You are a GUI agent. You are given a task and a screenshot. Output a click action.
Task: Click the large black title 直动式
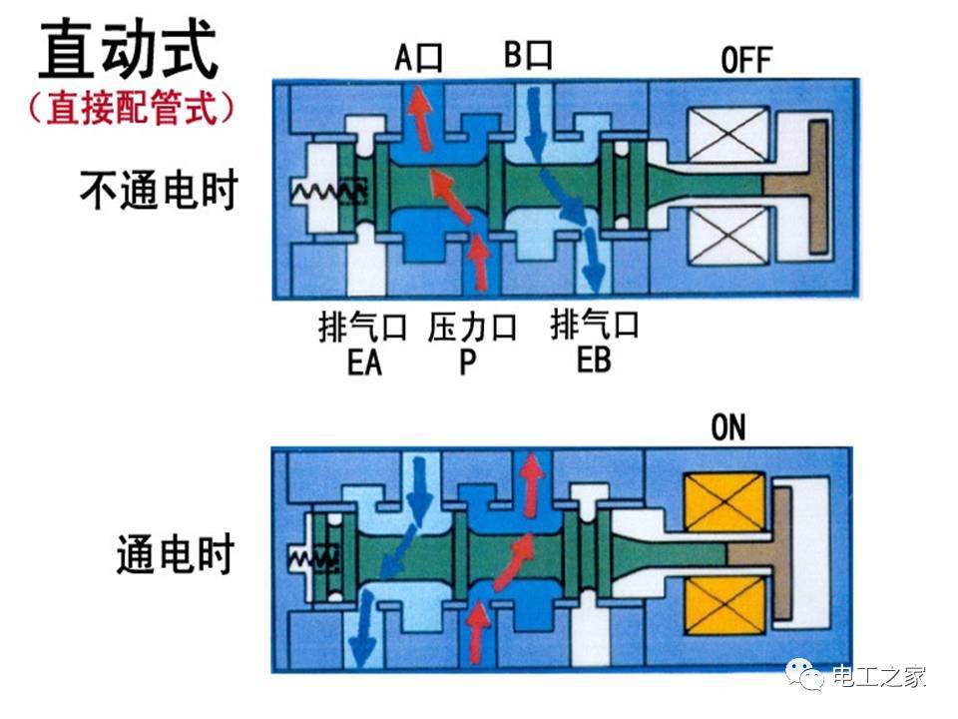130,49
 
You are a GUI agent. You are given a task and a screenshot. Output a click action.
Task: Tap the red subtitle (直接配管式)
131,108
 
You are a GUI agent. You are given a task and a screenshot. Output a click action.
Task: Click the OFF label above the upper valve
746,60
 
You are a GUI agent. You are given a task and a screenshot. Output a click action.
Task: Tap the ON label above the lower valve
728,427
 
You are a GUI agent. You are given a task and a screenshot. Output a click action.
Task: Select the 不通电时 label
159,190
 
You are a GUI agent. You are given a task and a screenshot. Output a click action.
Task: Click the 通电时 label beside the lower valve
176,553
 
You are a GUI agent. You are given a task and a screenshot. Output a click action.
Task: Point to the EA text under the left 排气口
365,361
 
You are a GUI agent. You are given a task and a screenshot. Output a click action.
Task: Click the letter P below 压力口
467,361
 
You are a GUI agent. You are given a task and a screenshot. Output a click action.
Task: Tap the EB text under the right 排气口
594,359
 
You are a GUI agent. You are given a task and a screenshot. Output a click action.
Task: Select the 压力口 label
472,328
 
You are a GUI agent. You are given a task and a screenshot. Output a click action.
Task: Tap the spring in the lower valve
312,557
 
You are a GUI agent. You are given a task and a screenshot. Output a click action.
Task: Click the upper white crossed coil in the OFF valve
728,135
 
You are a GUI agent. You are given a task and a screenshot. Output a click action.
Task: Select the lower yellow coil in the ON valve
724,604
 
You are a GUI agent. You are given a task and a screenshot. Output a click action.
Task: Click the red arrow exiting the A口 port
420,118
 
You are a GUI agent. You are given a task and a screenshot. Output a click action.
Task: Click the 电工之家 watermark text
878,677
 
